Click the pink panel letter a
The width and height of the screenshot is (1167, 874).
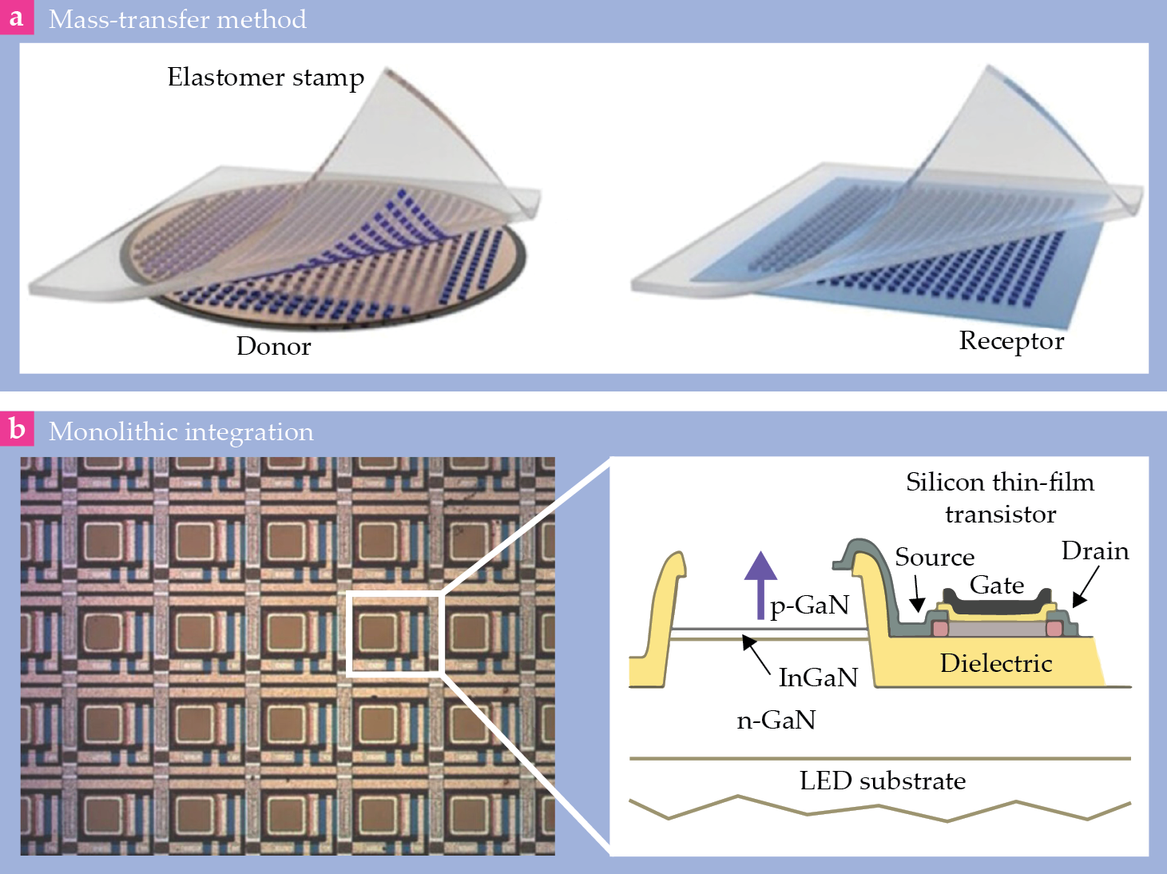tap(16, 17)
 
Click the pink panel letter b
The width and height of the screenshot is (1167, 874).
tap(16, 429)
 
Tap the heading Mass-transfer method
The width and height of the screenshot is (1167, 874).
tap(177, 19)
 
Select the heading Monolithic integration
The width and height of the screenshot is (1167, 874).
tap(181, 431)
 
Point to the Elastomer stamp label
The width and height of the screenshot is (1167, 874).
tap(265, 77)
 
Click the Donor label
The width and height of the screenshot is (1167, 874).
tap(273, 346)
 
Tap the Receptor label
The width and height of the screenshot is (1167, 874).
tap(1011, 340)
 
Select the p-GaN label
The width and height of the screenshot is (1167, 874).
tap(809, 605)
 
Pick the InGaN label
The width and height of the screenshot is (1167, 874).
tap(817, 677)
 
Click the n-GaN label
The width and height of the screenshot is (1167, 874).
tap(776, 720)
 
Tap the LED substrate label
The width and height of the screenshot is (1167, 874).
tap(883, 781)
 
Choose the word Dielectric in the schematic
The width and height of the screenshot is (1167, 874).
tap(995, 663)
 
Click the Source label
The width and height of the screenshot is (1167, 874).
tap(935, 557)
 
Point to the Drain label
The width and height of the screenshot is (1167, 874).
tap(1095, 550)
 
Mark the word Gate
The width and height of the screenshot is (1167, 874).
tap(996, 585)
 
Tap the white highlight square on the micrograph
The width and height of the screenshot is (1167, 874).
tap(395, 635)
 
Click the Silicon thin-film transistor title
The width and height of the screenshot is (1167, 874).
tap(1000, 497)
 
